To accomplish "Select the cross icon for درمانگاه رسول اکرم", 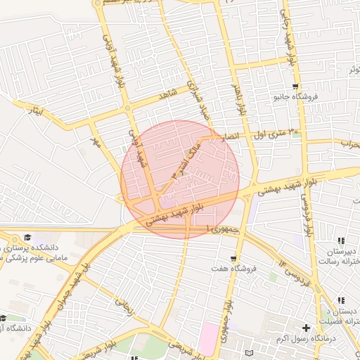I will click(306, 328).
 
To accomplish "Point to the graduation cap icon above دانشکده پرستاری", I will click(27, 238).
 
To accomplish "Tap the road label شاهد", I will click(167, 95).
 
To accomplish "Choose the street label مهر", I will click(95, 142).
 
